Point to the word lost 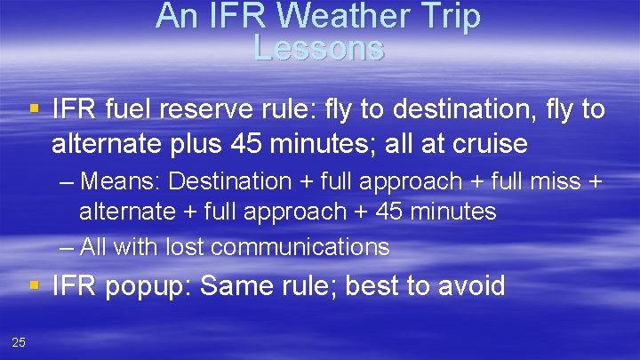[181, 246]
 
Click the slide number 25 [19, 343]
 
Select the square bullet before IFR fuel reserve [35, 110]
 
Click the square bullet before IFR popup [35, 285]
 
